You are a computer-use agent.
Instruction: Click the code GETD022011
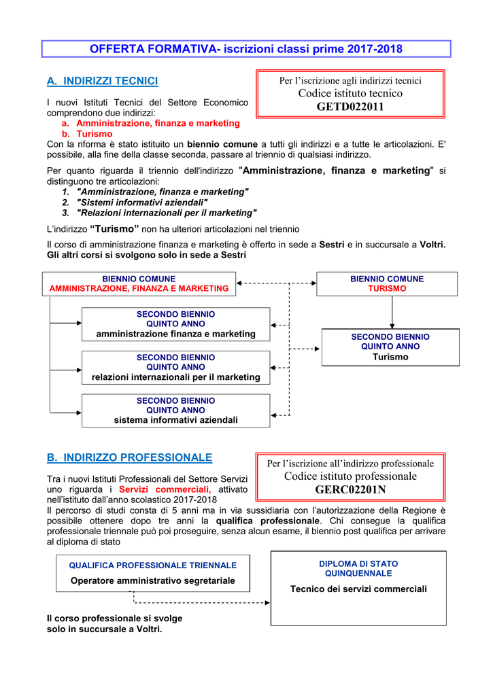(x=350, y=107)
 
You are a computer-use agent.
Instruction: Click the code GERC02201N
(x=350, y=490)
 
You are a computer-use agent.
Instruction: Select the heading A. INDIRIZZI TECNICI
(x=102, y=82)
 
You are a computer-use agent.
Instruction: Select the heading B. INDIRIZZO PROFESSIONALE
(x=129, y=457)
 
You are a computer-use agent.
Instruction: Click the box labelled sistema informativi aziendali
(x=175, y=411)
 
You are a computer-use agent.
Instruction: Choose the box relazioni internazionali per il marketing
(x=175, y=368)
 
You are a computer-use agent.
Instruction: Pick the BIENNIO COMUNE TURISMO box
(x=387, y=283)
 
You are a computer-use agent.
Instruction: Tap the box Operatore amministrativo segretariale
(x=153, y=573)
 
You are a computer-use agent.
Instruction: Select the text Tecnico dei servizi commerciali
(x=358, y=589)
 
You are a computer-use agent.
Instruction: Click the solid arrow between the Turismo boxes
(x=392, y=313)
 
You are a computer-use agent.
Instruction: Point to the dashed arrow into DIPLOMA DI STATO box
(x=204, y=602)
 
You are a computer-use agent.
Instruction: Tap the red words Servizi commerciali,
(x=165, y=489)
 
